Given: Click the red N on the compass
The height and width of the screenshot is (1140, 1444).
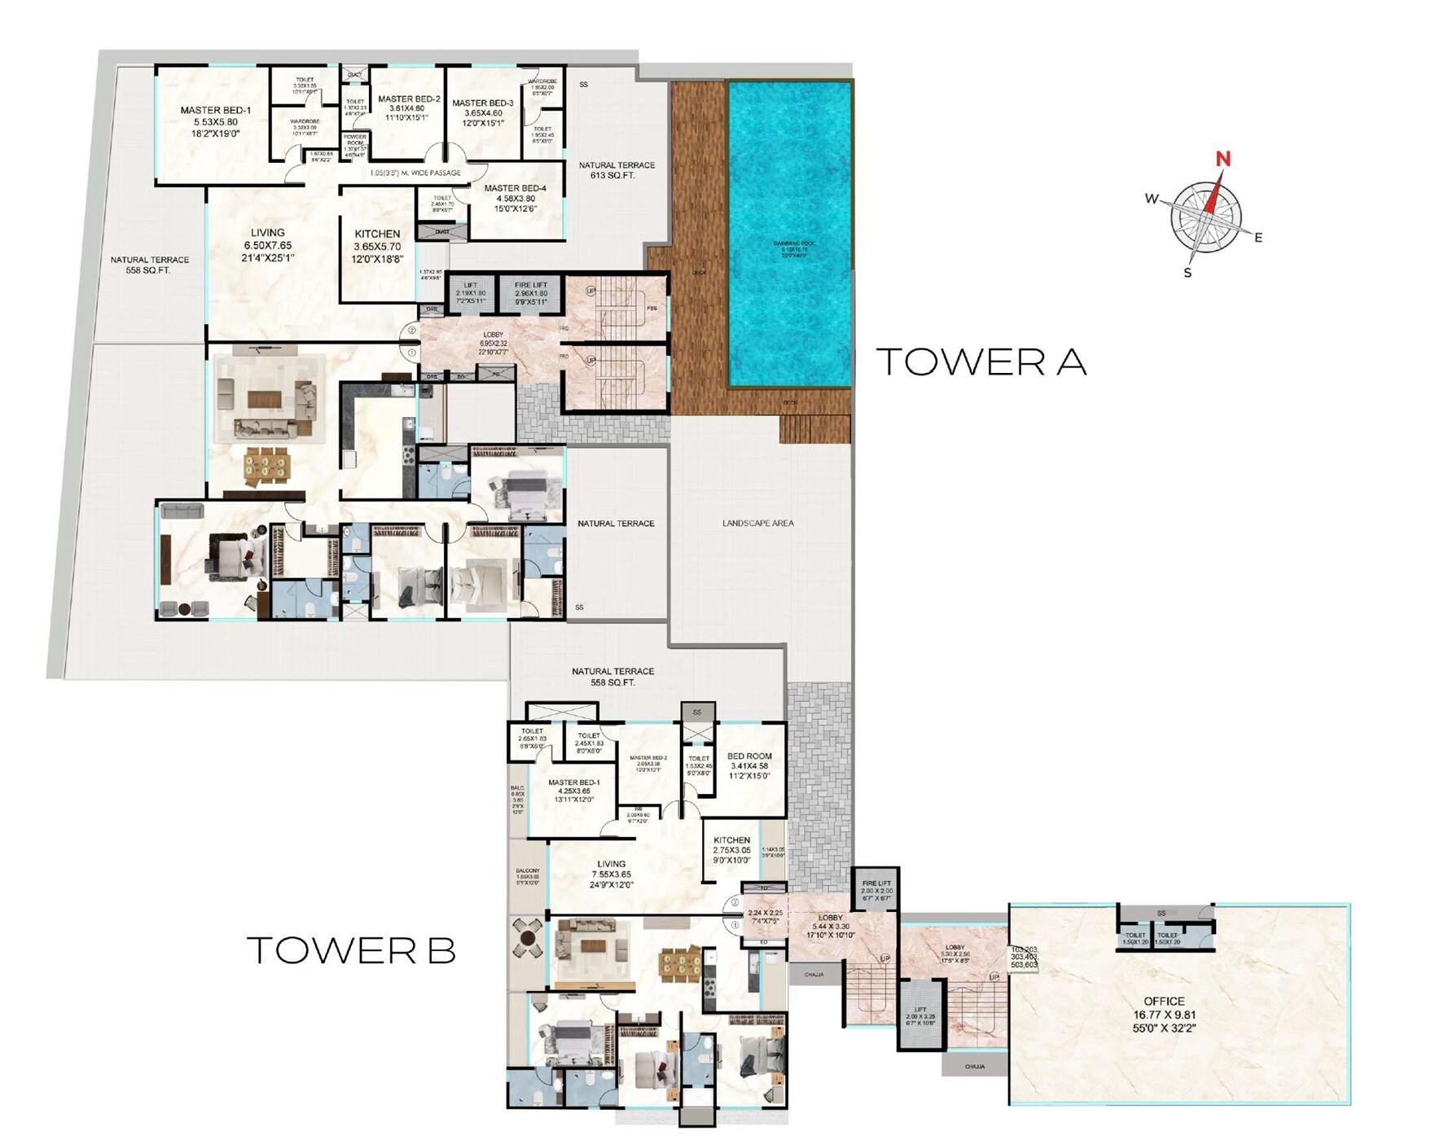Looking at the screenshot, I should point(1222,159).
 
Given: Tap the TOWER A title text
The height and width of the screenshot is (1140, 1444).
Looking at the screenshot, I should point(981,362).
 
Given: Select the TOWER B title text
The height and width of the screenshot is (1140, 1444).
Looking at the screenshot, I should point(351,950).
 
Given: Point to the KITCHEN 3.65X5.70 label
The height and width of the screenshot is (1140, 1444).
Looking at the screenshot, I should point(377,246).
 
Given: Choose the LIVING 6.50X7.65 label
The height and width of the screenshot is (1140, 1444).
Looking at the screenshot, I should point(267,244).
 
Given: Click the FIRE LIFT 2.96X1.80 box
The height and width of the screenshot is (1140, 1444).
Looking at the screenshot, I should point(531,294).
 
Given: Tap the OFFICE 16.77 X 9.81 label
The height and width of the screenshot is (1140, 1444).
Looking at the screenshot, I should point(1164,1015).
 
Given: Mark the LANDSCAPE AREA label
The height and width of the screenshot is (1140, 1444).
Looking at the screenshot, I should point(757,523).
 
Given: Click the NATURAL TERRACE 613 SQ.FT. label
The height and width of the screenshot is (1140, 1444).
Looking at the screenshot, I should point(617,170).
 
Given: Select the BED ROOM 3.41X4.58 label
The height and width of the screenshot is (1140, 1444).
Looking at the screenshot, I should point(749,765).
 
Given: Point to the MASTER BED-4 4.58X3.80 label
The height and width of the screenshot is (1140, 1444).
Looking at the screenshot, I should point(515,198).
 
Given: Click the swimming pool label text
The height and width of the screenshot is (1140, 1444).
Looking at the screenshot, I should point(793,247).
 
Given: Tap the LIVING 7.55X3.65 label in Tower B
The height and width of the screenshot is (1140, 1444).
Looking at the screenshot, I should point(611,874).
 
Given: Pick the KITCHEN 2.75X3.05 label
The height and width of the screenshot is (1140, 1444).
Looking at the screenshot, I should point(731,849).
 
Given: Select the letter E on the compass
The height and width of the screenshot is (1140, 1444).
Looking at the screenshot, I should point(1258,238).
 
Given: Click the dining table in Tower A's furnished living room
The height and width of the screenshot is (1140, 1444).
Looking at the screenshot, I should point(266,465).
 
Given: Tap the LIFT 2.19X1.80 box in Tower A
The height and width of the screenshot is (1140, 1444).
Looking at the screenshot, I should point(470,294).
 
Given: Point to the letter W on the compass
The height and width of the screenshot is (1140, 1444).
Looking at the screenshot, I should point(1152,199).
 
